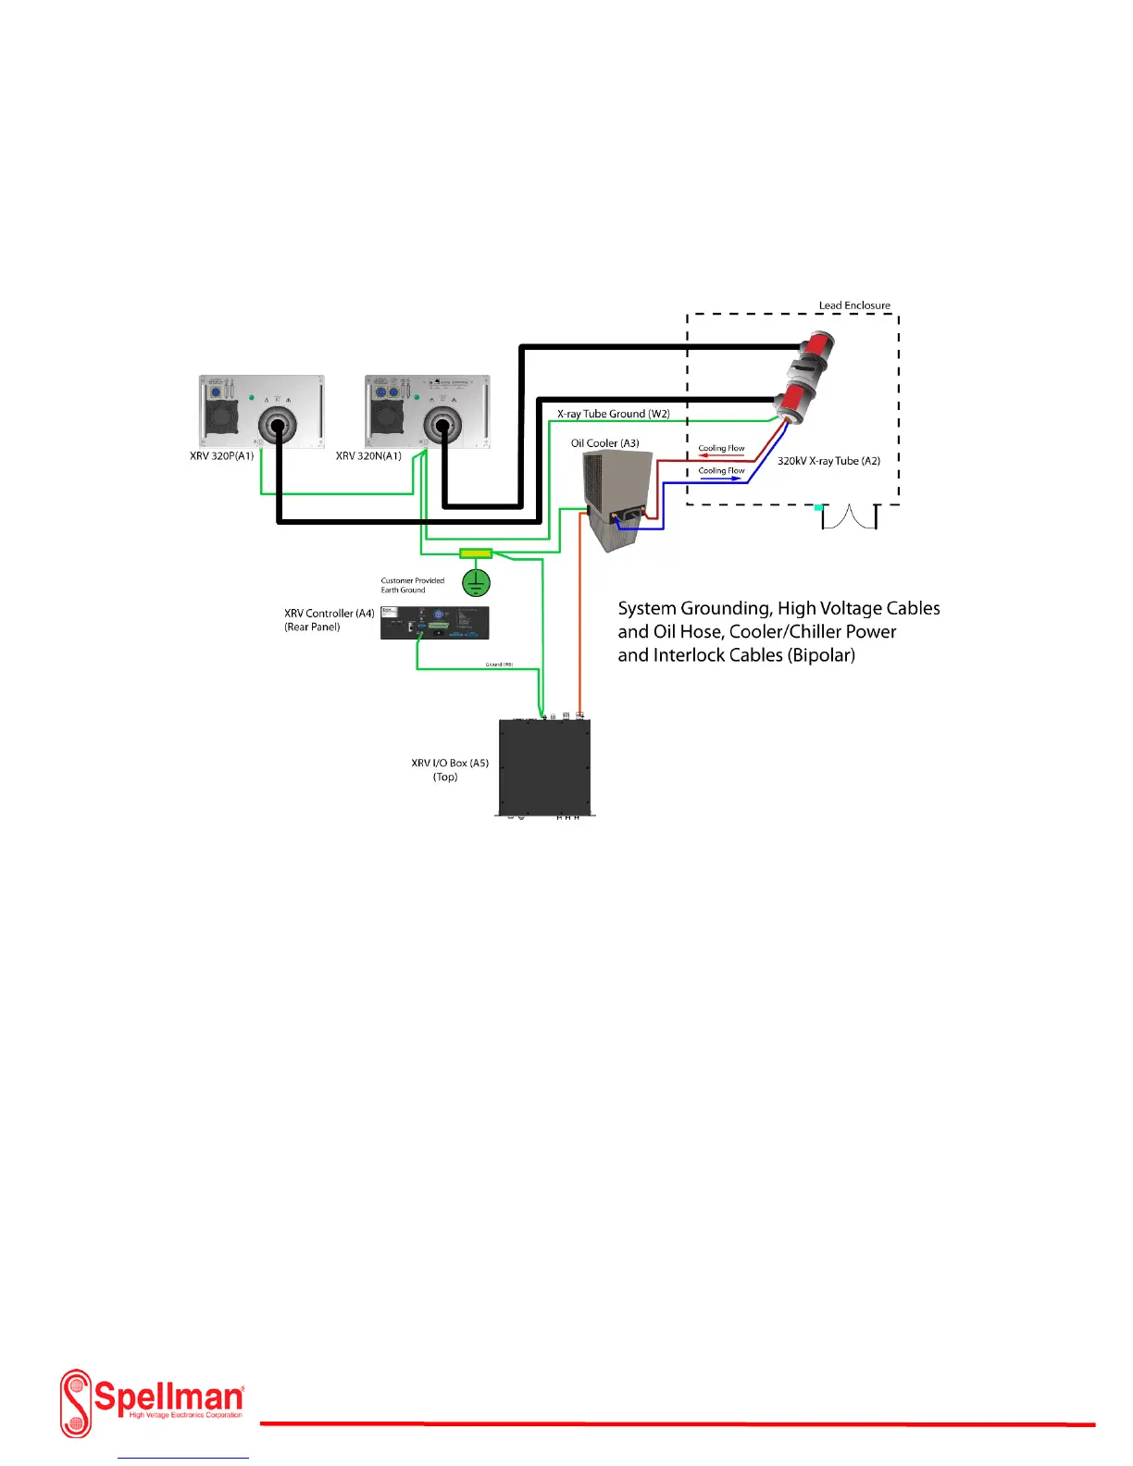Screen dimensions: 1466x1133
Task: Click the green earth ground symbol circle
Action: [476, 582]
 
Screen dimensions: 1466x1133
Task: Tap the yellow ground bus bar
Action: [476, 553]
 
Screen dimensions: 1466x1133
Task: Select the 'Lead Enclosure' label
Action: [854, 305]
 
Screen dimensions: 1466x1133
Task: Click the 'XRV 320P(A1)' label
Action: [222, 456]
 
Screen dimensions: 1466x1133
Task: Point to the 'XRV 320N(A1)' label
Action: [368, 456]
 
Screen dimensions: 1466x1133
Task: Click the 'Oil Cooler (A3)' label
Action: [604, 443]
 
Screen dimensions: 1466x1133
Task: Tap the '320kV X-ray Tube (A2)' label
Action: [828, 461]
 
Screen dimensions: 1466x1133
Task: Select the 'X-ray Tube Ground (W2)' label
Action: [613, 414]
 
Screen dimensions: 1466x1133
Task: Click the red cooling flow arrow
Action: [721, 455]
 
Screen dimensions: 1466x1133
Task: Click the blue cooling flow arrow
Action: [721, 478]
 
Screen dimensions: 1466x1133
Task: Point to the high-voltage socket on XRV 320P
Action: [277, 427]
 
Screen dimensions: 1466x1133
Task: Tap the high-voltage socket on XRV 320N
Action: [442, 426]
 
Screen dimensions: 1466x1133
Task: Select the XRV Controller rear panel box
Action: [434, 622]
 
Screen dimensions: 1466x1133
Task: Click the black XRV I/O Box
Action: [545, 767]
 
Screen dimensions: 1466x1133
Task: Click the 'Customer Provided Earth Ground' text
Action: [412, 585]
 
